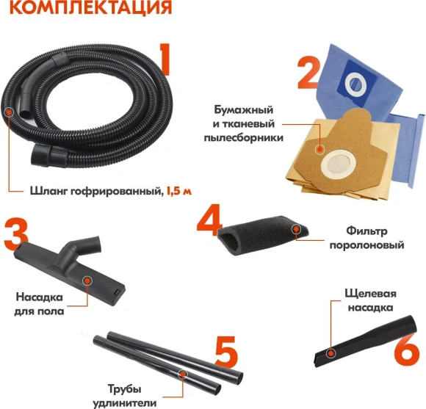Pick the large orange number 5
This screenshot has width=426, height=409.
[x=221, y=353]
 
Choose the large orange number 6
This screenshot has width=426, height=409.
[x=405, y=352]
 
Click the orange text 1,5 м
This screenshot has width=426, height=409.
[x=178, y=192]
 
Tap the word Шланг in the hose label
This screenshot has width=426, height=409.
[x=51, y=192]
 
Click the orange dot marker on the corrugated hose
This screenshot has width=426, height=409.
[x=9, y=112]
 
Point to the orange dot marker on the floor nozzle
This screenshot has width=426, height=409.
[x=87, y=279]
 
